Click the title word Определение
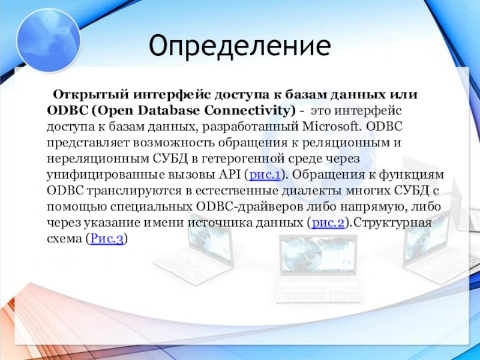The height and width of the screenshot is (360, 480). tap(239, 46)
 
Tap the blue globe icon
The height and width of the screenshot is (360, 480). tap(49, 40)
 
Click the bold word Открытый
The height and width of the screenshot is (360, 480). tap(91, 95)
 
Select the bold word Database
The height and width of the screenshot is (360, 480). tap(169, 110)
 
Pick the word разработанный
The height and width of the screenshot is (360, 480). tap(250, 127)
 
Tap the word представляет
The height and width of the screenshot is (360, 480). tap(88, 143)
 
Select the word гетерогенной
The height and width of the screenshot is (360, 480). tap(244, 159)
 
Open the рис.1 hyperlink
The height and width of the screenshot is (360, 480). tap(265, 175)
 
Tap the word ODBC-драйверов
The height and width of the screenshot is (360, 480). tap(249, 206)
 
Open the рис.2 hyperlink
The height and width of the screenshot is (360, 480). tap(328, 223)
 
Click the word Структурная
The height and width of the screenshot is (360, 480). tap(392, 223)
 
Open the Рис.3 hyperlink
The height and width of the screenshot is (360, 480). tap(107, 238)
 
